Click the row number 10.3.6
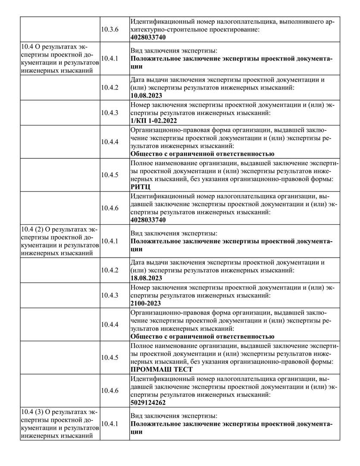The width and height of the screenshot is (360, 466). click(x=110, y=29)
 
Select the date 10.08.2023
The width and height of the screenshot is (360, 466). click(x=146, y=95)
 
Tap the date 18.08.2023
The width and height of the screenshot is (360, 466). click(x=146, y=278)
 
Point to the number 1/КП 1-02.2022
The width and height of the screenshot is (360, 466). click(x=153, y=121)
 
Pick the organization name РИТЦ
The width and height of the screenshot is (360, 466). click(x=139, y=187)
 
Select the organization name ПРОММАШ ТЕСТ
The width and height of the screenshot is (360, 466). click(x=161, y=369)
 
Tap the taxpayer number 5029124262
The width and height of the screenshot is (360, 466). click(x=148, y=403)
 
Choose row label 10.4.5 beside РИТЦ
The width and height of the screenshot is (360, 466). click(x=110, y=175)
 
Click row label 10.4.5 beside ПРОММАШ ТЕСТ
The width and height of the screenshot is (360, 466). click(x=110, y=357)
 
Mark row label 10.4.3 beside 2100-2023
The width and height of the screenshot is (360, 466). click(x=110, y=295)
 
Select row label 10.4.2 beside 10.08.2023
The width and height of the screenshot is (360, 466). click(x=110, y=87)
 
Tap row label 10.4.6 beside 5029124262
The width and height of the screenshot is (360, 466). click(x=110, y=390)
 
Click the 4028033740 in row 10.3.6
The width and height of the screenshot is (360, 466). click(x=148, y=37)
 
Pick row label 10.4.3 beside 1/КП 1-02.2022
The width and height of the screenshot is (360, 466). click(x=110, y=112)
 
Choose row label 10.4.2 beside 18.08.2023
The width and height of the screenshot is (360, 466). click(x=110, y=270)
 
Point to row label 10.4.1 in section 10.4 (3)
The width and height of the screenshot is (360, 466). click(x=110, y=424)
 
